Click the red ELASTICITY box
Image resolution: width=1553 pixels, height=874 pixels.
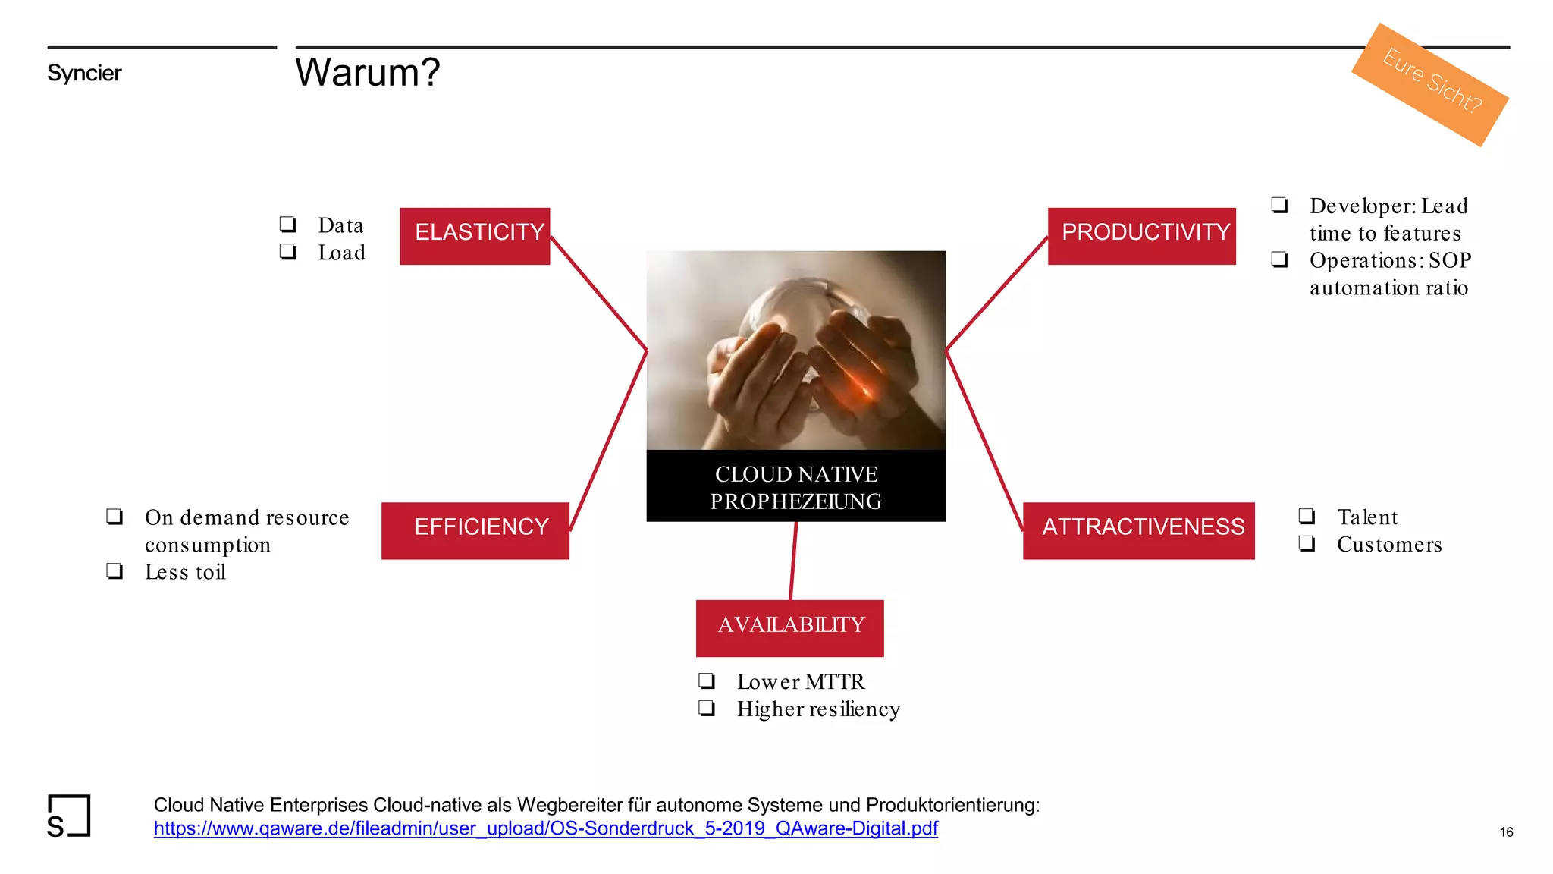pyautogui.click(x=475, y=236)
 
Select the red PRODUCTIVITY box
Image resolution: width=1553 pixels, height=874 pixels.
pyautogui.click(x=1141, y=236)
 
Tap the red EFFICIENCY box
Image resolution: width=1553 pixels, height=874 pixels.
pyautogui.click(x=475, y=530)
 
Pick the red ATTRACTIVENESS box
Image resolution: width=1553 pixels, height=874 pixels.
pyautogui.click(x=1138, y=530)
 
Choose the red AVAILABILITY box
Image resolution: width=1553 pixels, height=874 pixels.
pyautogui.click(x=789, y=628)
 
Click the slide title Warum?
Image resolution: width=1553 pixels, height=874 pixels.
pyautogui.click(x=367, y=73)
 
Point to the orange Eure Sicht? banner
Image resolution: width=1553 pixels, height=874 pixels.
pyautogui.click(x=1430, y=85)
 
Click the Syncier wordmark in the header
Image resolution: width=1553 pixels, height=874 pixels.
pyautogui.click(x=84, y=74)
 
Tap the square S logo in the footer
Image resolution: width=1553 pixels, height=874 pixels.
pyautogui.click(x=68, y=816)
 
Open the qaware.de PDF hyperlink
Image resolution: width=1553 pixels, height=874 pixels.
pyautogui.click(x=545, y=828)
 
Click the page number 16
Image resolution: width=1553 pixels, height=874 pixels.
pyautogui.click(x=1506, y=832)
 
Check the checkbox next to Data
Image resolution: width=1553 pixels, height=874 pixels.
pyautogui.click(x=287, y=224)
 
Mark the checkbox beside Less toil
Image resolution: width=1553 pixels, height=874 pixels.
pyautogui.click(x=115, y=571)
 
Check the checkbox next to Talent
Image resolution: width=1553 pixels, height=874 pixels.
pyautogui.click(x=1307, y=516)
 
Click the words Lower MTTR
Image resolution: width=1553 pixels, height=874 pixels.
pyautogui.click(x=800, y=682)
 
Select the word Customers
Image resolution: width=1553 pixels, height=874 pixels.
pyautogui.click(x=1389, y=545)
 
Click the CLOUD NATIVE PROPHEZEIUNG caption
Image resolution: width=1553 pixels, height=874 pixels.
pyautogui.click(x=795, y=487)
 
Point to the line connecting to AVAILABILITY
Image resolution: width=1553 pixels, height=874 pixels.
pyautogui.click(x=793, y=561)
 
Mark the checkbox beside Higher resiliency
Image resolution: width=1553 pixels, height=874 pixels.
pyautogui.click(x=707, y=708)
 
